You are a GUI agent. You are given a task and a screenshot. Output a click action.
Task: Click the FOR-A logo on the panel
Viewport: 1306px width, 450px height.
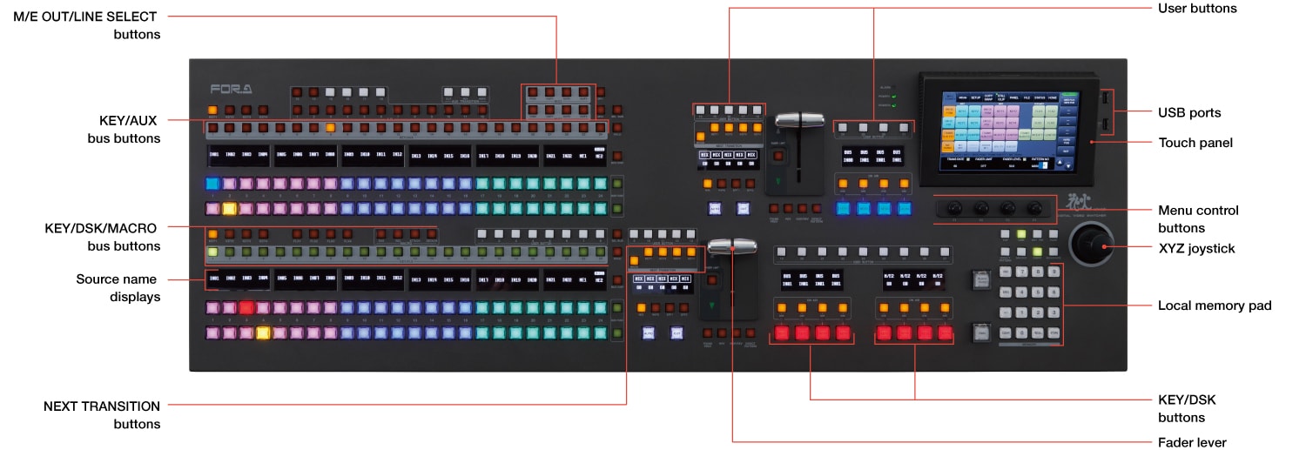click(x=231, y=88)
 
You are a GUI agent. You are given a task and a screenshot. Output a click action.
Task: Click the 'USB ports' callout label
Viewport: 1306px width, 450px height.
click(x=1188, y=112)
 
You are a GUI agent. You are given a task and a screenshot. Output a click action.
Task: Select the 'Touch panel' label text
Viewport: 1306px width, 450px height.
click(x=1195, y=142)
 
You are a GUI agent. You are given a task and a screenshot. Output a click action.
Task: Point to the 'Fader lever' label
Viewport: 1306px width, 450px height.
click(x=1191, y=443)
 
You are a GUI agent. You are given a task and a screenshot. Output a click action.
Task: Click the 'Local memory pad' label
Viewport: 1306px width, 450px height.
click(x=1215, y=306)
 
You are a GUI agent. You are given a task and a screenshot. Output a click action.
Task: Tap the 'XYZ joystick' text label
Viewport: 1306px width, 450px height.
click(x=1196, y=249)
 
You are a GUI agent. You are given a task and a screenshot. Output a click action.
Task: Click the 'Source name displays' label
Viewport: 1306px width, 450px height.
click(x=116, y=288)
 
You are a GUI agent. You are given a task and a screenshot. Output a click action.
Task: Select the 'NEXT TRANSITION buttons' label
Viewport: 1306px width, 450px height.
click(x=102, y=415)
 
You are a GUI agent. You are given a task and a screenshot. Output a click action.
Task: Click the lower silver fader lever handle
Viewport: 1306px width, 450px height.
click(x=731, y=247)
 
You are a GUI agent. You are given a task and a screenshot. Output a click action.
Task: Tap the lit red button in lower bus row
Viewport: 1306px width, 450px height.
click(x=246, y=307)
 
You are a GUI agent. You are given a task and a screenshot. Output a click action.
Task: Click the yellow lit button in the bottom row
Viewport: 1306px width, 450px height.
click(x=263, y=332)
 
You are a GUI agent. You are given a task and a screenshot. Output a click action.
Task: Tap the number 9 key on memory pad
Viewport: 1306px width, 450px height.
click(x=1054, y=272)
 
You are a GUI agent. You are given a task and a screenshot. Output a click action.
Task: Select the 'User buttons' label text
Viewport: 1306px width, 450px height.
click(x=1197, y=8)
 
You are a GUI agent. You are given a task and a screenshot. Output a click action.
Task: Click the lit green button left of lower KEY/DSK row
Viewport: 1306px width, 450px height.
click(x=213, y=252)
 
